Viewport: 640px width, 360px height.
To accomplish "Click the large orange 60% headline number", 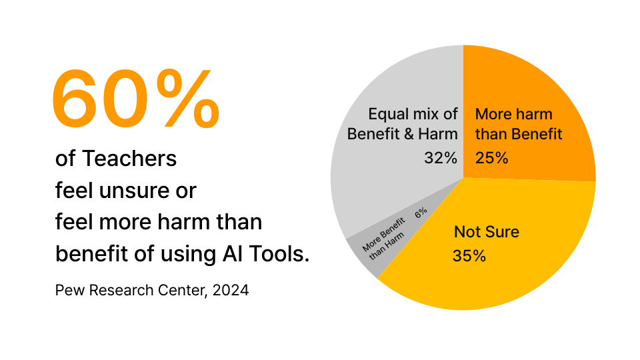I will [x=134, y=100].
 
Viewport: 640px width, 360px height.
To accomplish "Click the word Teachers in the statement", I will [x=129, y=159].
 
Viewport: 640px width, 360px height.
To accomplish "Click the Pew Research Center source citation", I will [x=152, y=291].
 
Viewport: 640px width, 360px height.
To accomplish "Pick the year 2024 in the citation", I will [x=231, y=291].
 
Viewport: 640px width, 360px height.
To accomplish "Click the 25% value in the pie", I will [x=491, y=158].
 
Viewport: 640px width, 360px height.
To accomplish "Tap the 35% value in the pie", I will [x=469, y=256].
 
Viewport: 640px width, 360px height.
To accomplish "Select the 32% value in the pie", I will [x=441, y=158].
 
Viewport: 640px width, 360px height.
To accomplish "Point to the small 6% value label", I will [x=421, y=213].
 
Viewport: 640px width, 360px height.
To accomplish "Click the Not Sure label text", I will [x=486, y=232].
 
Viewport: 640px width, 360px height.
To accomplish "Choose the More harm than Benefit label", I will [x=518, y=124].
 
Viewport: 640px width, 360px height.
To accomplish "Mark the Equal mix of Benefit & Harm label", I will [x=403, y=124].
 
